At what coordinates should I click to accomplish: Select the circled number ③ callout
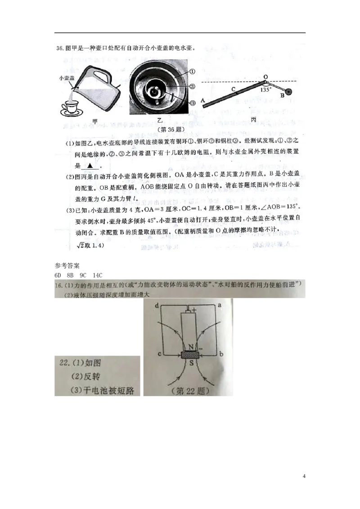click(192, 103)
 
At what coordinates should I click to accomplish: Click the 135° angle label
click(266, 89)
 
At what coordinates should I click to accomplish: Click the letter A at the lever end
click(203, 101)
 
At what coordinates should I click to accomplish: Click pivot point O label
click(265, 77)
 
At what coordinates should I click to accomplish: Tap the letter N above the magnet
click(189, 346)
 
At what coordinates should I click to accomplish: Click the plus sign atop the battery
click(194, 310)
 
